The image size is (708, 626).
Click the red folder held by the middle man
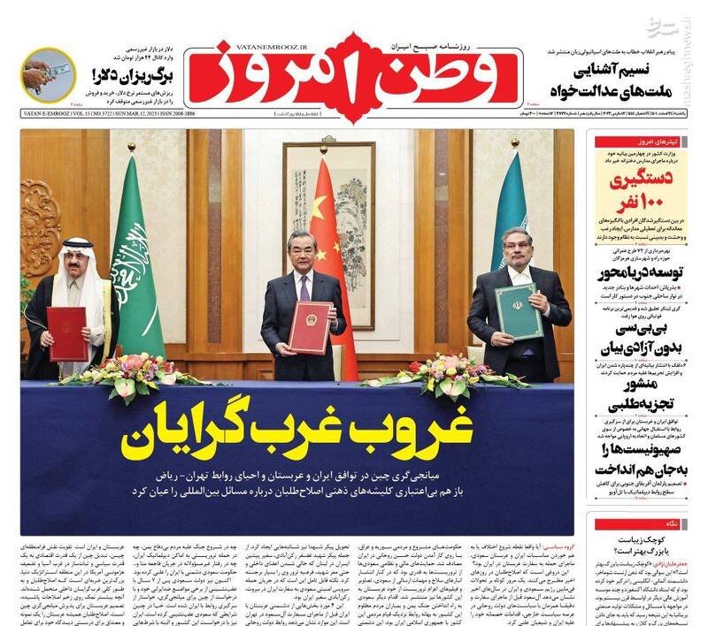click(x=310, y=326)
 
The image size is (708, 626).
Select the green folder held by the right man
click(x=518, y=311)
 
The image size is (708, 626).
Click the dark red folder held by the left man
click(x=67, y=332)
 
